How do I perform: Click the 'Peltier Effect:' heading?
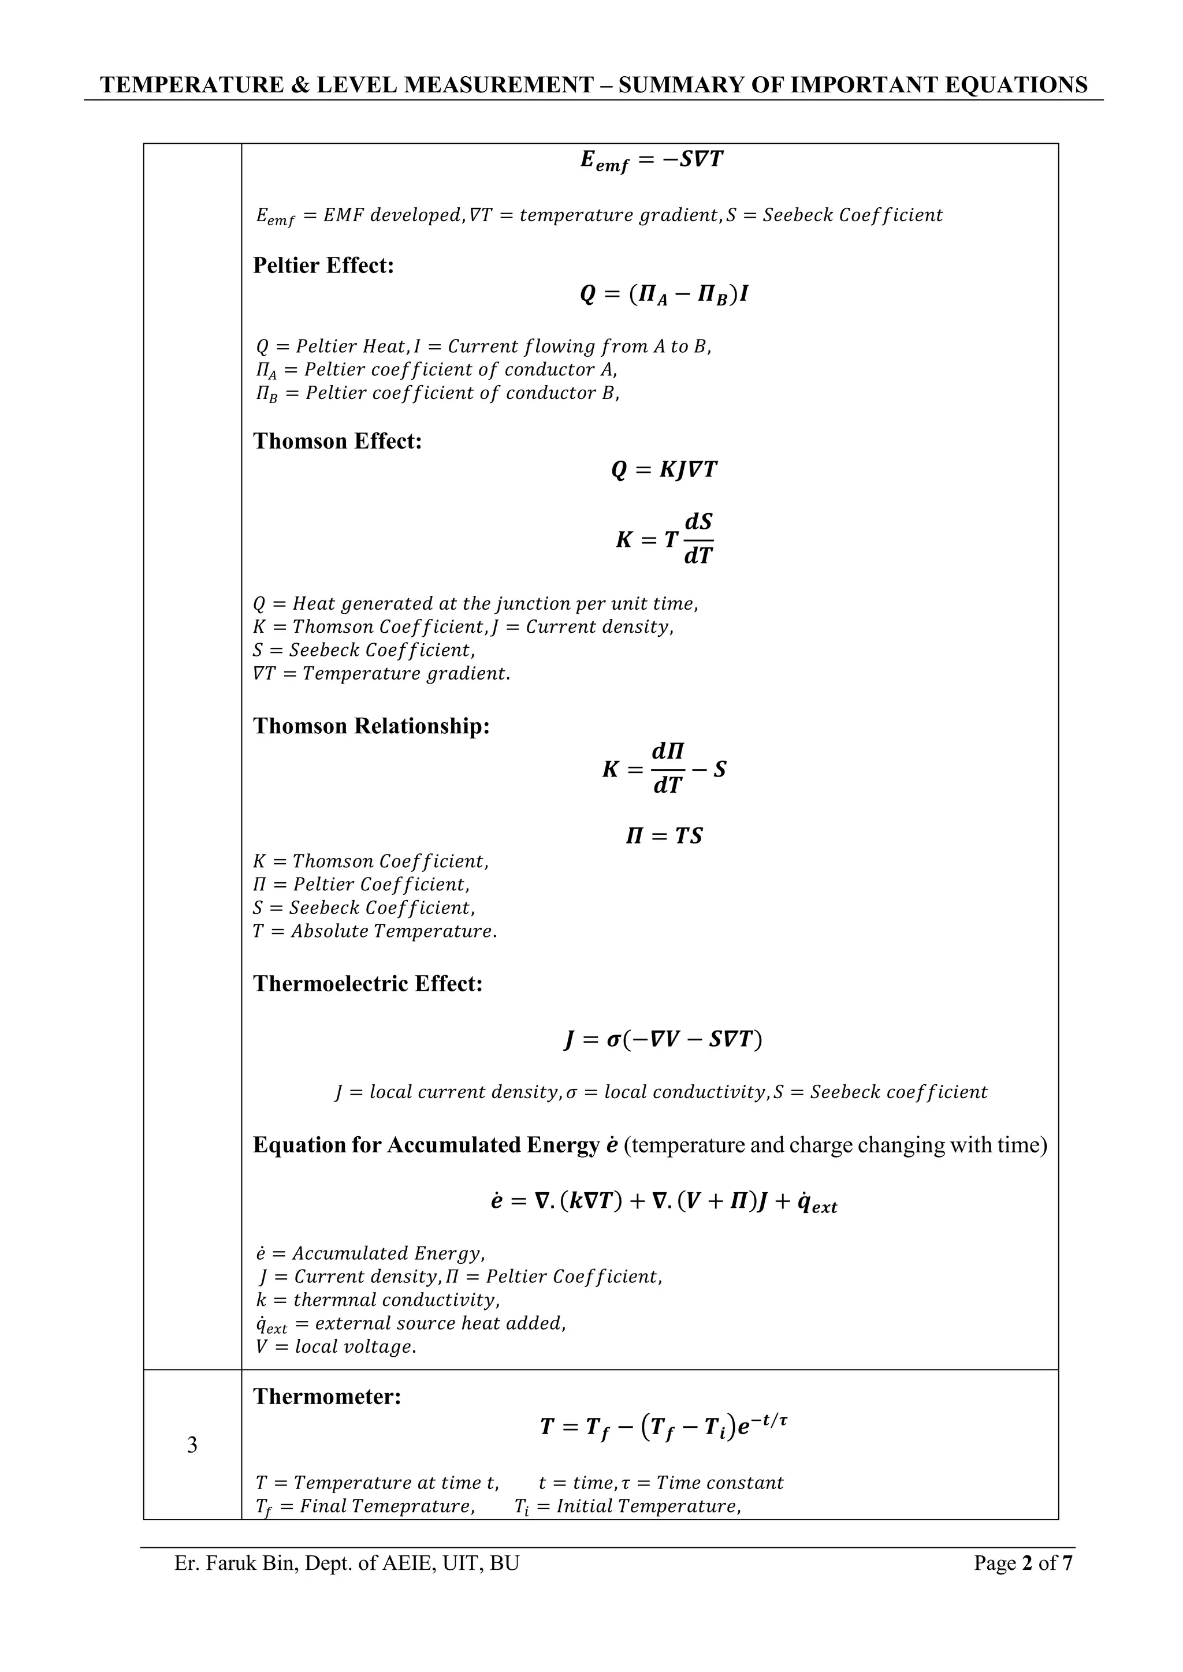tap(323, 266)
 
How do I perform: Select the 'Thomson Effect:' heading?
tap(337, 441)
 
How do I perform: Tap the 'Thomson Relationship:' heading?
tap(371, 726)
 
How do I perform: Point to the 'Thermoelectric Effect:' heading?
tap(367, 984)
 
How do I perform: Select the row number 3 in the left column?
tap(192, 1445)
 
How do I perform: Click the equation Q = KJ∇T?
tap(664, 471)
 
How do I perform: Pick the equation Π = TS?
tap(664, 836)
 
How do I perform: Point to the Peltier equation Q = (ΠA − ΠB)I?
tap(664, 295)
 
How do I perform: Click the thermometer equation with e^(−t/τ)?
tap(664, 1427)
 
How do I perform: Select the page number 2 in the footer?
tap(1028, 1563)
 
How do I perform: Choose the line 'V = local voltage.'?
tap(336, 1346)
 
